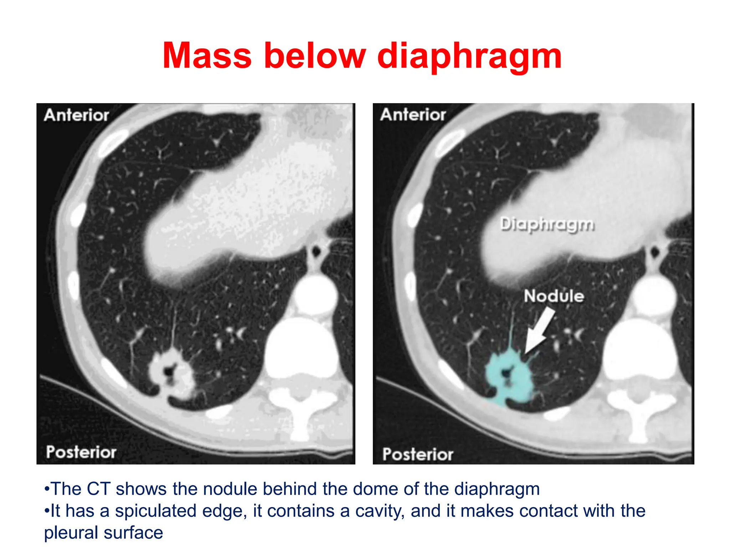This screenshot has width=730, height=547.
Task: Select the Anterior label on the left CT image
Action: (x=76, y=115)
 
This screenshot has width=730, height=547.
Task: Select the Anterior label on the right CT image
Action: (x=413, y=115)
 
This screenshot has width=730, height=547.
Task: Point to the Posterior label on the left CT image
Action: (x=81, y=452)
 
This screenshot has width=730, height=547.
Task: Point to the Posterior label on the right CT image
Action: (x=417, y=454)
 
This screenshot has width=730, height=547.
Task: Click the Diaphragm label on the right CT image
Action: (x=547, y=224)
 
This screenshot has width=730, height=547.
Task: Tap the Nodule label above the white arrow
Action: (x=554, y=296)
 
